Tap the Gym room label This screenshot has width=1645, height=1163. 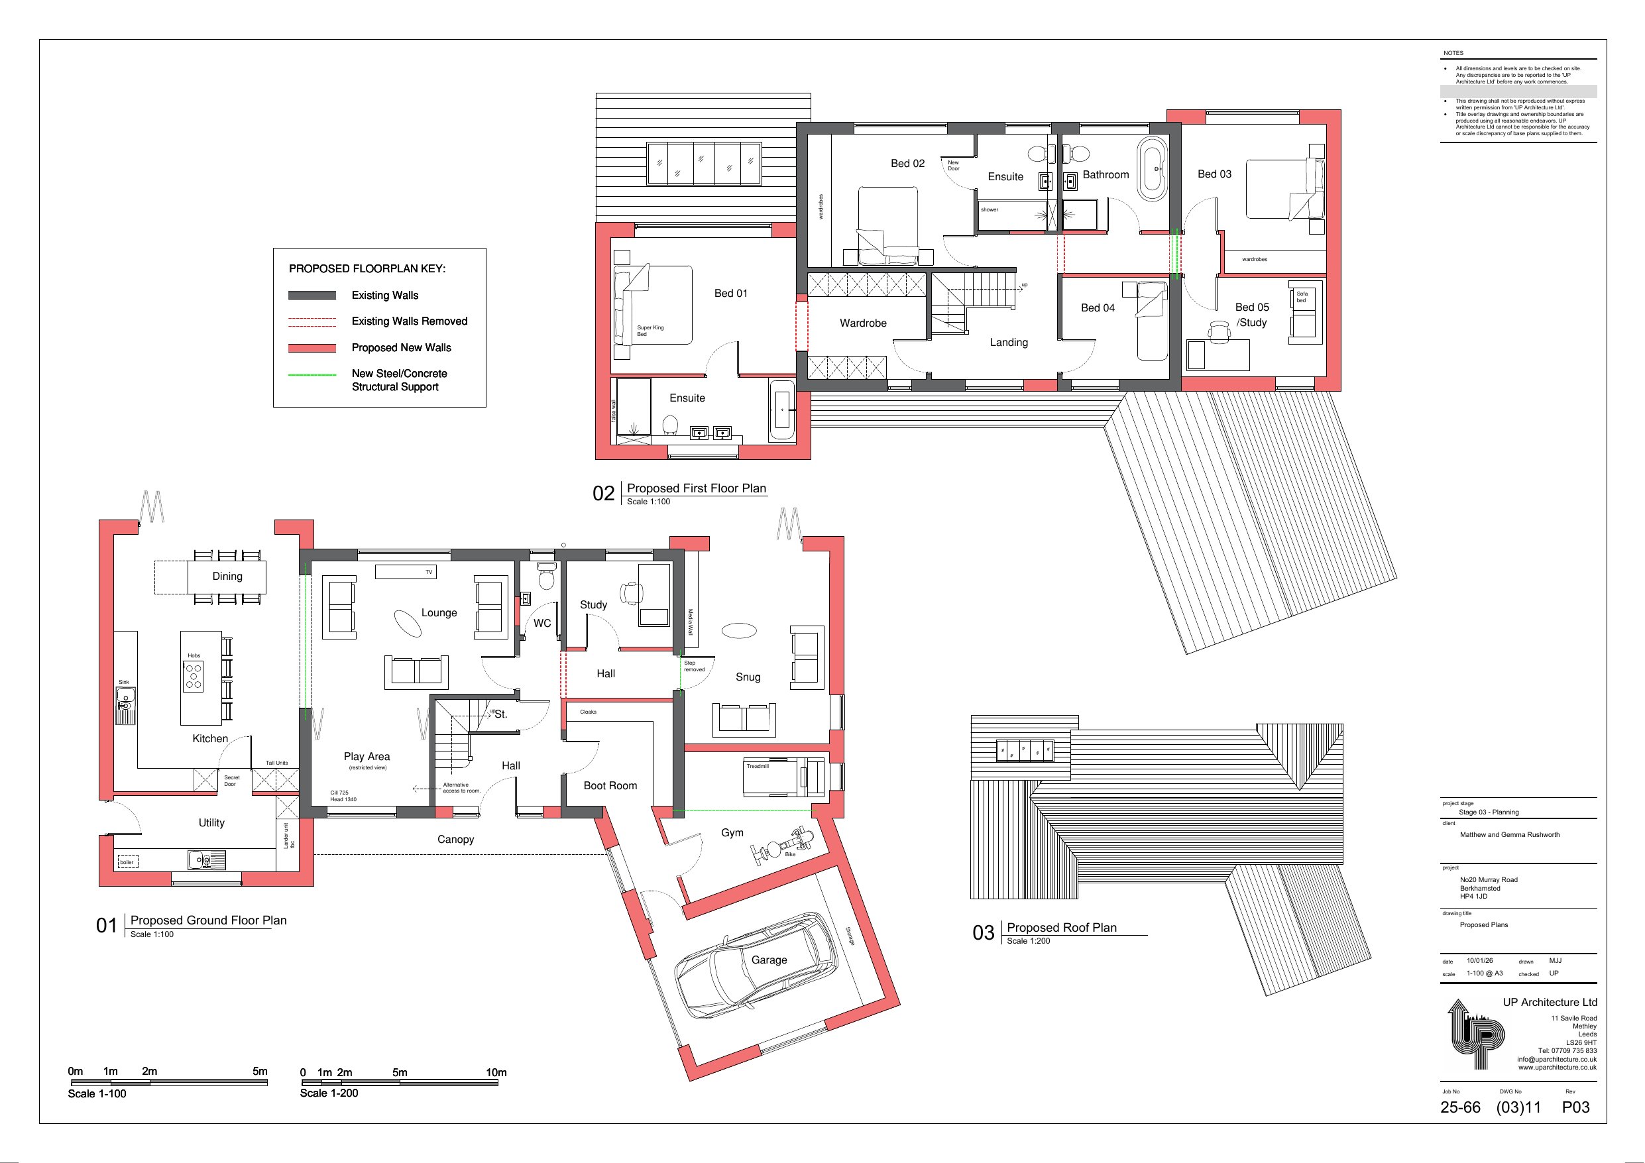tap(732, 833)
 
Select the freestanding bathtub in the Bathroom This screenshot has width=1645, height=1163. tap(1153, 169)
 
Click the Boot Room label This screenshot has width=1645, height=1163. tap(610, 785)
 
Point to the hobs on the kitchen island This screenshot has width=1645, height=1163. tap(194, 677)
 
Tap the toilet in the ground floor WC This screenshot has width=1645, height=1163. tap(547, 575)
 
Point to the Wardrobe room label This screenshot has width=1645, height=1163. tap(864, 323)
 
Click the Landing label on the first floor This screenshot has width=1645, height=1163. tap(1009, 343)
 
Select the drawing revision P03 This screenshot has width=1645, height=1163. tap(1575, 1108)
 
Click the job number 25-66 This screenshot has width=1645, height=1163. tap(1460, 1108)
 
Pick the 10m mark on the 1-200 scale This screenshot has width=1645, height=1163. tap(496, 1073)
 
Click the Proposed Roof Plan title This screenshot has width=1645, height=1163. tap(1062, 928)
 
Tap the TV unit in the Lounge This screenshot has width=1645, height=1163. tap(406, 571)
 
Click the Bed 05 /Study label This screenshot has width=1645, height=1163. tap(1252, 315)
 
